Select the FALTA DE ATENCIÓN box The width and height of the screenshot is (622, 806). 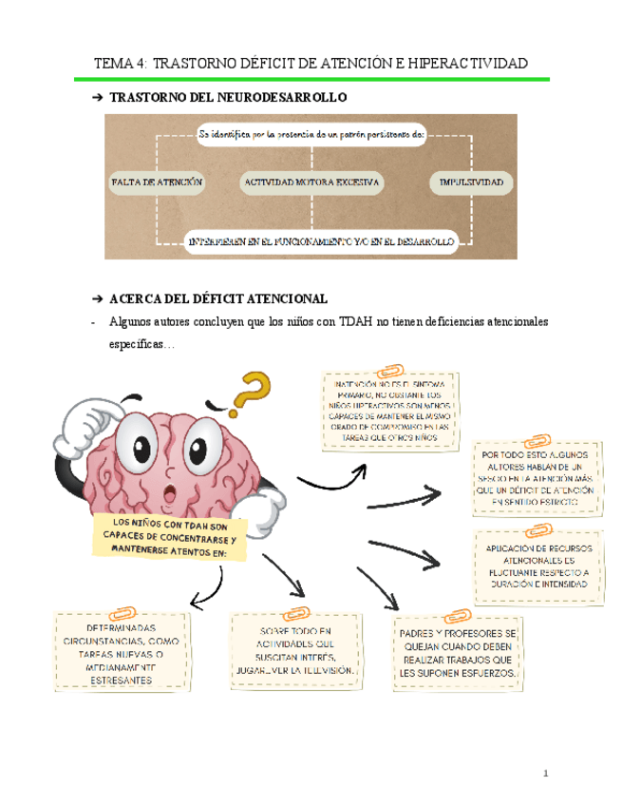(157, 181)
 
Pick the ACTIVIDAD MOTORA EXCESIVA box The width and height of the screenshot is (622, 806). (311, 181)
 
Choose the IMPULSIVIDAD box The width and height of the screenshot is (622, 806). (471, 181)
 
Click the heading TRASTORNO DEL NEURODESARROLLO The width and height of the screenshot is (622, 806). (229, 97)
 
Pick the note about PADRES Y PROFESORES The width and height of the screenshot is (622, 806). (458, 653)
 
